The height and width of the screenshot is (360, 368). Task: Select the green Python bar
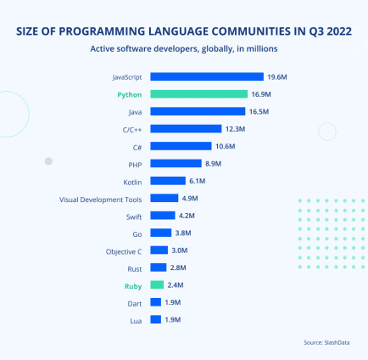198,94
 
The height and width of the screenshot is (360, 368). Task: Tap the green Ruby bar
157,284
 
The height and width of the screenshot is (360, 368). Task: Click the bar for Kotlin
167,181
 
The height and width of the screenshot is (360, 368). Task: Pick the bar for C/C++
185,129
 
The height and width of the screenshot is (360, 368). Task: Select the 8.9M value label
215,163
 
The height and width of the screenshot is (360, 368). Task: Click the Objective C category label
124,250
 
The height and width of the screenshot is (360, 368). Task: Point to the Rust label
134,267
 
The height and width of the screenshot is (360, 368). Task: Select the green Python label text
130,94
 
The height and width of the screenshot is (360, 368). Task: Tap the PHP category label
134,163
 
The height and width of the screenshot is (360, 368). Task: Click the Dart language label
134,302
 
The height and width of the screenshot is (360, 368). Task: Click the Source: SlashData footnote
325,342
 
